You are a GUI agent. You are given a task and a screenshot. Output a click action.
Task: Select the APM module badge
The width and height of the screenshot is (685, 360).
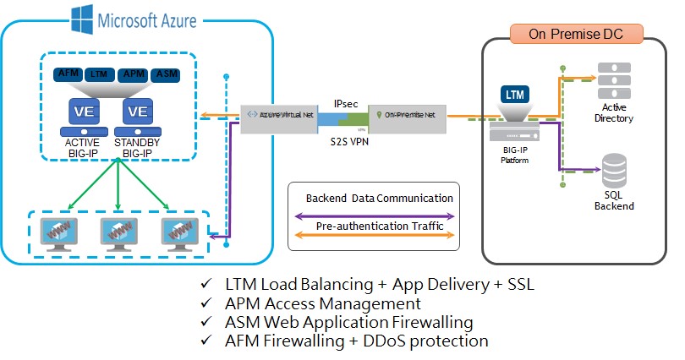[x=132, y=75]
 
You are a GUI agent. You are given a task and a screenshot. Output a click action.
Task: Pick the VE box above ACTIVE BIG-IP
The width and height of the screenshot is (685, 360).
[x=82, y=111]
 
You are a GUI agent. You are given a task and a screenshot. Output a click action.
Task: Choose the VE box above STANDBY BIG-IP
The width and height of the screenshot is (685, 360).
[x=138, y=111]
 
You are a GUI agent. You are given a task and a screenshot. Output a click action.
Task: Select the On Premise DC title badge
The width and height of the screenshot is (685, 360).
[x=578, y=34]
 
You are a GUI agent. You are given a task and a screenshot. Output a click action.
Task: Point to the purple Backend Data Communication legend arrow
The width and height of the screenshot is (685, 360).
[x=372, y=215]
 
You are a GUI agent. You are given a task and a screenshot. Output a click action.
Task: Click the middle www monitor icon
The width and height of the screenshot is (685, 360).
[x=118, y=231]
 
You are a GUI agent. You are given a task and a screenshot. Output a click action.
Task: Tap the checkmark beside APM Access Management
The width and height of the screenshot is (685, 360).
[x=206, y=303]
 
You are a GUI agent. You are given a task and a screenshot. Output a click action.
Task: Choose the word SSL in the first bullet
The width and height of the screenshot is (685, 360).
[x=520, y=284]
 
